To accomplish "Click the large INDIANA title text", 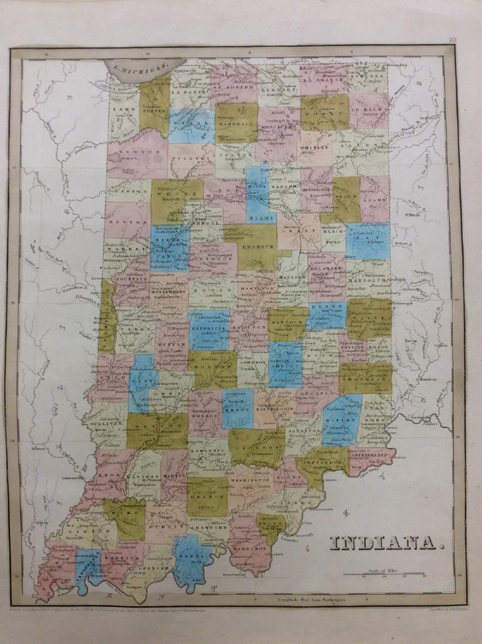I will pyautogui.click(x=385, y=546).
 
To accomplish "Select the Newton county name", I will pyautogui.click(x=141, y=152).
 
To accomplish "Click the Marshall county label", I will pyautogui.click(x=236, y=124).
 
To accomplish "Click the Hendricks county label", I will pyautogui.click(x=209, y=330).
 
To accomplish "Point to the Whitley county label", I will pyautogui.click(x=315, y=149).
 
